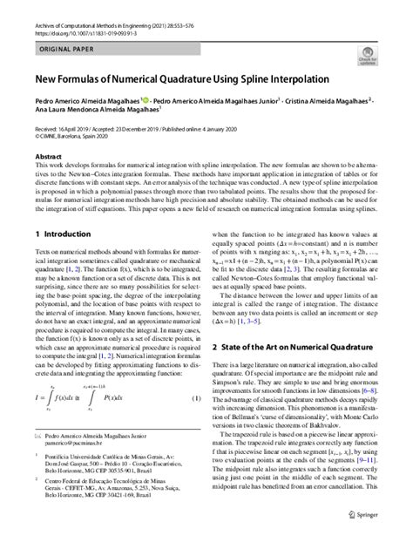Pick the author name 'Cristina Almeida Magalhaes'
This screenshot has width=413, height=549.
[x=327, y=101]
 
